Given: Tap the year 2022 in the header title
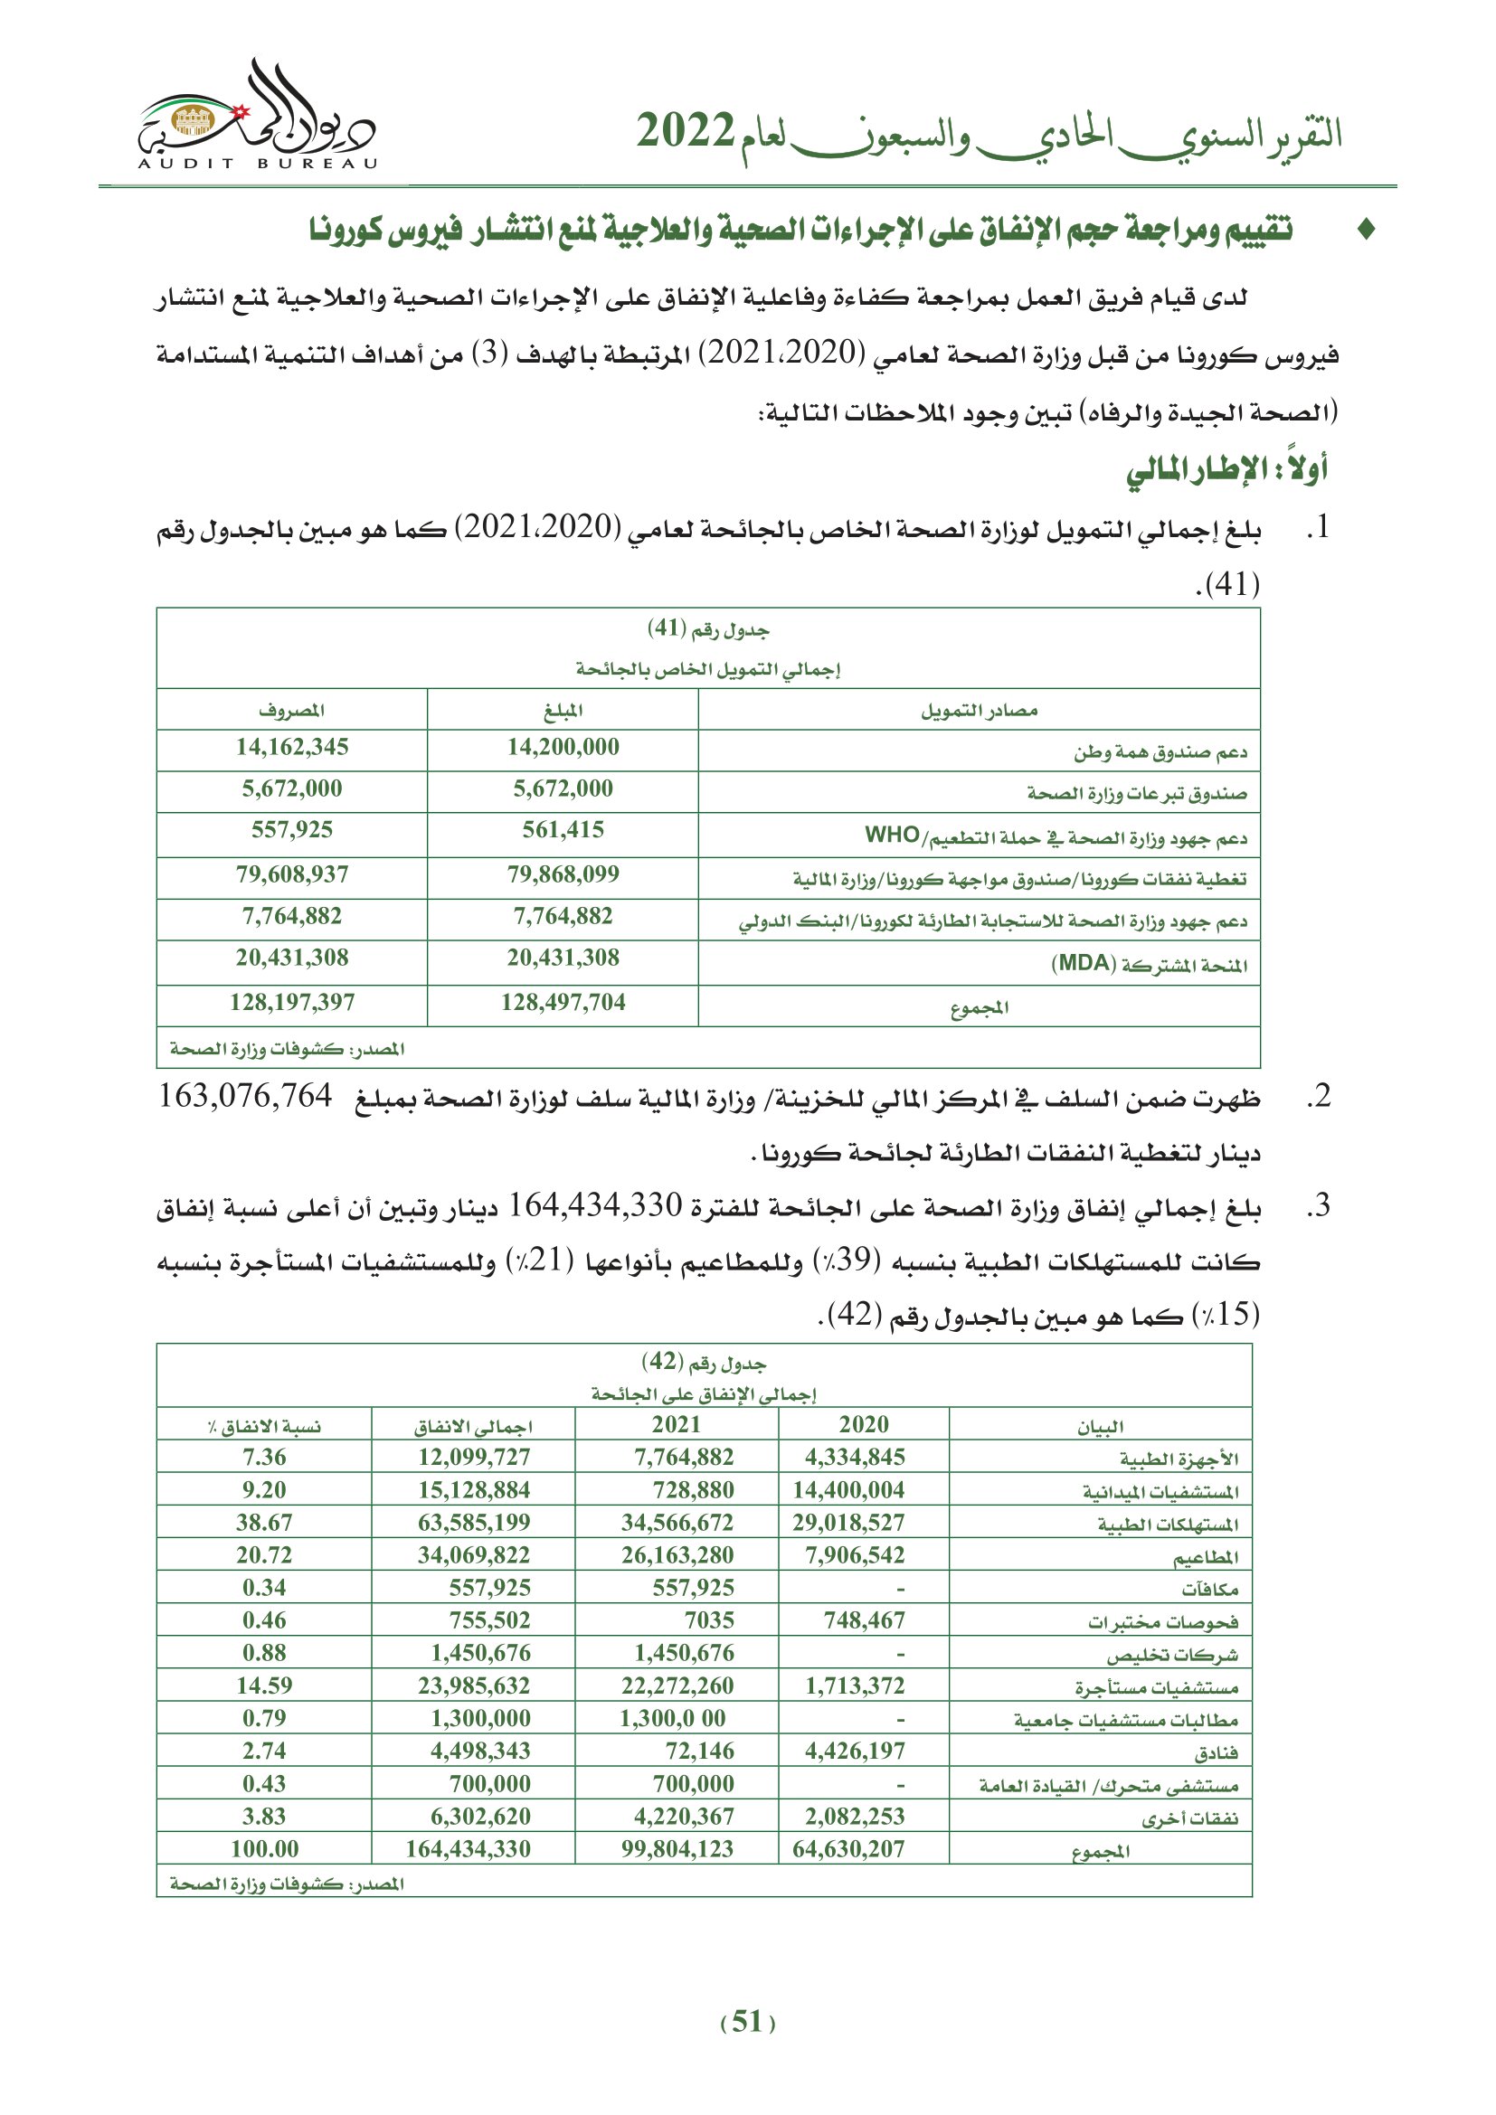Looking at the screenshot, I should (x=686, y=132).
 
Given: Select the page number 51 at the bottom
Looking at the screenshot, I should (x=747, y=2021).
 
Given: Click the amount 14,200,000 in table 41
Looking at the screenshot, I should (x=563, y=747).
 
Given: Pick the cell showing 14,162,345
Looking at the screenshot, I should (x=292, y=747).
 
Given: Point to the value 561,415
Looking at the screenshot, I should (x=563, y=830).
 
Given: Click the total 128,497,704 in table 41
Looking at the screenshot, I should (x=563, y=1002).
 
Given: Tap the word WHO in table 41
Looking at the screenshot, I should (x=892, y=835).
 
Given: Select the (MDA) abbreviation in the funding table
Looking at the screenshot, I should (x=1084, y=964).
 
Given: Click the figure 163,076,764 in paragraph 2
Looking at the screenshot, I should (x=245, y=1096).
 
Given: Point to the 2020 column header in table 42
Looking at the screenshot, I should (x=863, y=1425).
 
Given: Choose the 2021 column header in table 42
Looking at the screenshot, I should (x=677, y=1425).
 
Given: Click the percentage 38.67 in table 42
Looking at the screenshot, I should (x=263, y=1523).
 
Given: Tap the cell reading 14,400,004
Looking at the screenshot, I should (x=848, y=1490).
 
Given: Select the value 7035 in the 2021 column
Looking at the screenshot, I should (x=708, y=1620).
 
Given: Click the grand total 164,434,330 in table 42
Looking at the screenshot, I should (x=468, y=1849).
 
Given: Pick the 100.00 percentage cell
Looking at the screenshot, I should (x=263, y=1849).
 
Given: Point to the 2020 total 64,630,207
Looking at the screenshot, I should (x=848, y=1849).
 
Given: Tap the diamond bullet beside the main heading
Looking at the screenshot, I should (x=1367, y=230).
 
